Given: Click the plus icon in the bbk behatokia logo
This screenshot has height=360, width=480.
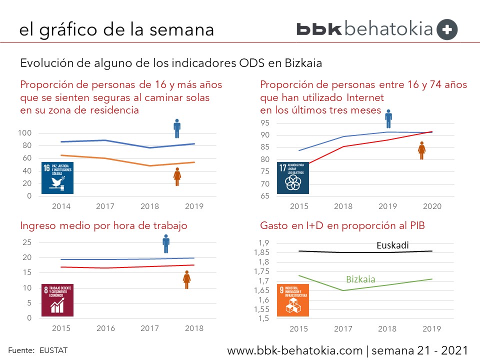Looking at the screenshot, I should tap(447, 29).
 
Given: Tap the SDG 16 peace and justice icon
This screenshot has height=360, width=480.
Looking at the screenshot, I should tap(57, 177).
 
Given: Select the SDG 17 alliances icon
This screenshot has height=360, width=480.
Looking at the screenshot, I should tap(293, 177).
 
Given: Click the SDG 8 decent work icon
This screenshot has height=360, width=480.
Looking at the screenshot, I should tap(57, 300).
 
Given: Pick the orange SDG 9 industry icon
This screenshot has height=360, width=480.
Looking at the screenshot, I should tap(293, 300).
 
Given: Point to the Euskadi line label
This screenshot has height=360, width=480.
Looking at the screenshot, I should tap(393, 245).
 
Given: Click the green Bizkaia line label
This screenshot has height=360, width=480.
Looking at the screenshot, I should tap(360, 279).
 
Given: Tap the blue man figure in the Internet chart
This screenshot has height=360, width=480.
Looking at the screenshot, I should tap(388, 119).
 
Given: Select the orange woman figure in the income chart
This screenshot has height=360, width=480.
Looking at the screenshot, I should tap(186, 279).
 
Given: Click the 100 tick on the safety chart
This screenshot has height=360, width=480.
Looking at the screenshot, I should tap(25, 133).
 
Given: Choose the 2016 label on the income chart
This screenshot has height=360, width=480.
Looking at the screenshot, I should tap(105, 328).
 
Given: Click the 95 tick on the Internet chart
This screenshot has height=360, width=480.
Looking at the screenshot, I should tap(264, 123).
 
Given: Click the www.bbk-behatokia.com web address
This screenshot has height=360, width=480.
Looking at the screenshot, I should tap(294, 350).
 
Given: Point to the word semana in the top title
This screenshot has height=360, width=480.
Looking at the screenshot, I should tap(181, 29).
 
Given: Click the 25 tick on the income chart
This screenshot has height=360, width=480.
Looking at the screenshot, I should tap(27, 242).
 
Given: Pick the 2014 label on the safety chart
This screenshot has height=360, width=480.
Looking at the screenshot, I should tap(61, 206).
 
